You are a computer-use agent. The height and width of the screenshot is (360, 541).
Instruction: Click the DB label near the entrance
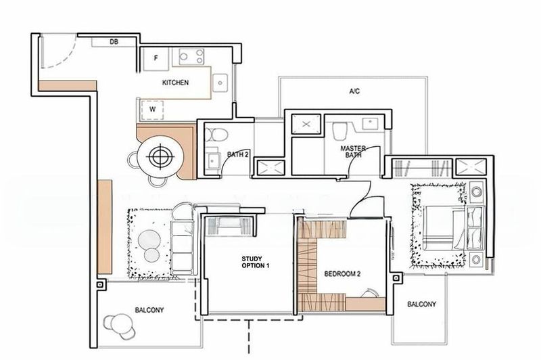tap(114, 42)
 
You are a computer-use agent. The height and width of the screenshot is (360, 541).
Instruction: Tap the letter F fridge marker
tap(156, 58)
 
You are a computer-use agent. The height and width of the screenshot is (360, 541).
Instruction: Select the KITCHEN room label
tap(174, 83)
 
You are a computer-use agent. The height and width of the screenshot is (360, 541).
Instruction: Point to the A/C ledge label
tap(353, 91)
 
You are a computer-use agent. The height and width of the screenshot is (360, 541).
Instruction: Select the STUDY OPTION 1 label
tap(256, 262)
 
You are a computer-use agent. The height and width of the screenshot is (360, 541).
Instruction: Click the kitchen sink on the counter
tap(220, 81)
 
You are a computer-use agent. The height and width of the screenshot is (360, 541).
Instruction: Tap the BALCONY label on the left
tap(150, 310)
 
